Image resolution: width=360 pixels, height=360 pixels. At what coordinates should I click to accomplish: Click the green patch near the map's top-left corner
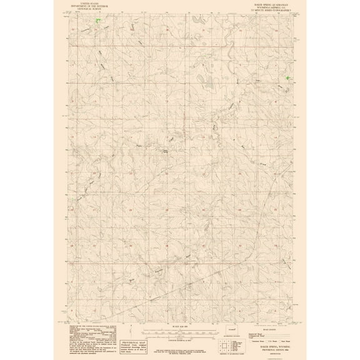click(97, 20)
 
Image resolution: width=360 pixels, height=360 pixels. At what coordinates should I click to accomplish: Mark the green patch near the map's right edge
click(287, 78)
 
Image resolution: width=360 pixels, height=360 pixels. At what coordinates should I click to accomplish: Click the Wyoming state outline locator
click(235, 329)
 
